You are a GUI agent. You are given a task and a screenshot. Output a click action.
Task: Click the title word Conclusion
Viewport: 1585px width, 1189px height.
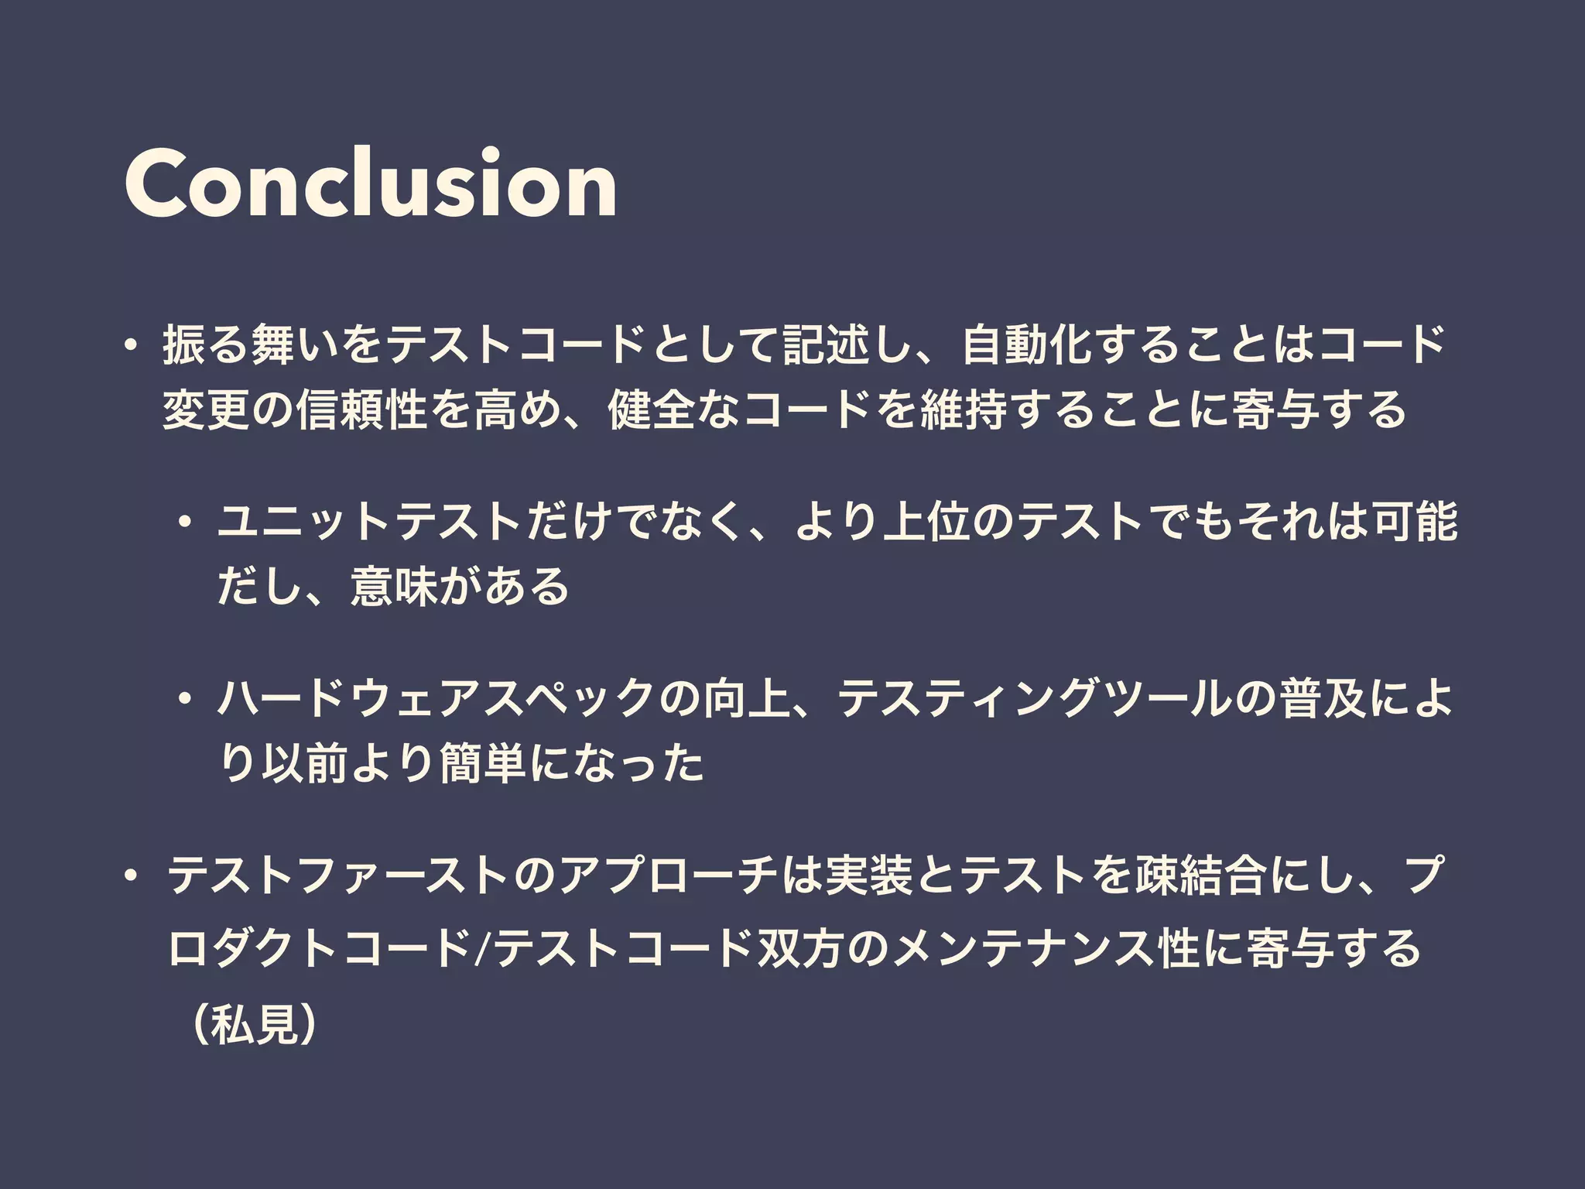point(370,184)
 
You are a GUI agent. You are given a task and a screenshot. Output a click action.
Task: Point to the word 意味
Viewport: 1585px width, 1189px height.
point(395,587)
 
